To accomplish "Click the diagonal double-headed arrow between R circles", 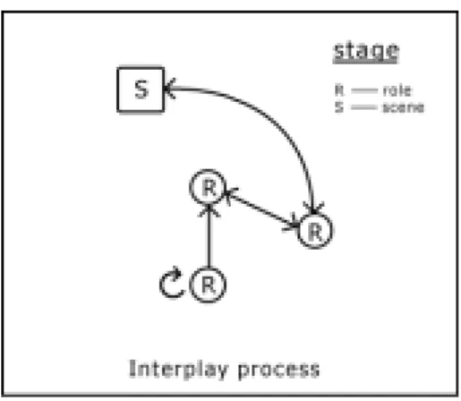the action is tap(261, 209).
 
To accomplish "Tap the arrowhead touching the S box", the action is tap(170, 89).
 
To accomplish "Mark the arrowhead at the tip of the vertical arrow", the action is tap(209, 209).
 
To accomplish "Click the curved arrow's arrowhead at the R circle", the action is tap(313, 209).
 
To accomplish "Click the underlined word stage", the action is tap(366, 51).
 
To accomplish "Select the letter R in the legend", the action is tap(339, 90).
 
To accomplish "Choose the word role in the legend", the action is tap(397, 90).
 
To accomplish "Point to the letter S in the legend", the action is tap(339, 107).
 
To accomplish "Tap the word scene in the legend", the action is tap(404, 107).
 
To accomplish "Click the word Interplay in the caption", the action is tap(179, 370).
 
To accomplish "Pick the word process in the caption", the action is tap(278, 371).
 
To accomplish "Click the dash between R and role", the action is tap(364, 90).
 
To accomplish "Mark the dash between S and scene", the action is tap(364, 107).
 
